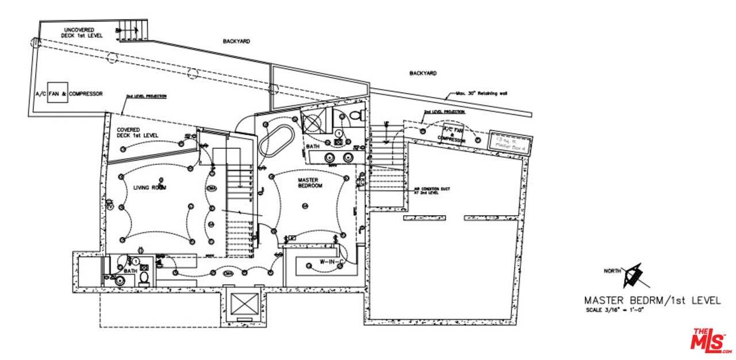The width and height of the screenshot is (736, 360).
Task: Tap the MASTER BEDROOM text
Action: (x=310, y=183)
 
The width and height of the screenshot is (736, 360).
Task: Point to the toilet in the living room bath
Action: (x=144, y=279)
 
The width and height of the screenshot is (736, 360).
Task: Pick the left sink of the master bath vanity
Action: (x=330, y=158)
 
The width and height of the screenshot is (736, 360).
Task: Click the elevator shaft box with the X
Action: (x=244, y=304)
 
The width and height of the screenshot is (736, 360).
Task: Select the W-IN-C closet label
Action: (x=331, y=262)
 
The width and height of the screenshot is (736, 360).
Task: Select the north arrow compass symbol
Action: (x=634, y=275)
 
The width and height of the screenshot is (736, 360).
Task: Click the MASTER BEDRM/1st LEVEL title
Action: (x=651, y=300)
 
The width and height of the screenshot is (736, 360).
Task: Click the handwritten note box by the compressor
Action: (x=510, y=141)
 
